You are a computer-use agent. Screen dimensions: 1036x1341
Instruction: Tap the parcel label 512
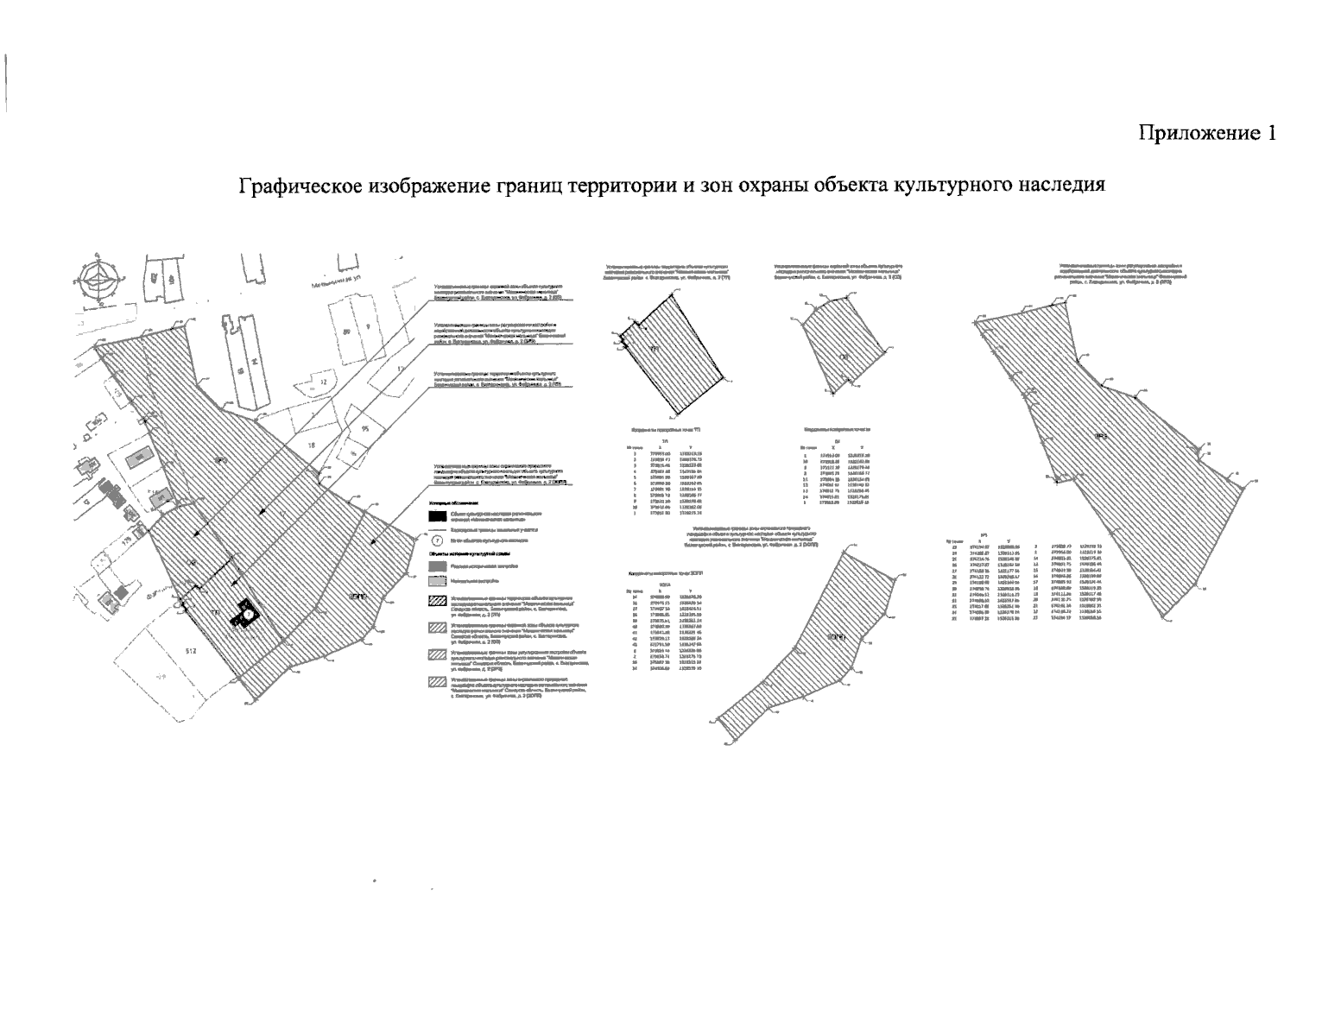click(x=192, y=652)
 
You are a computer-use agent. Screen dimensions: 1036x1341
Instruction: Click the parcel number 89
click(x=347, y=332)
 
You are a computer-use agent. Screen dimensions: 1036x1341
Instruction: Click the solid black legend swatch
click(x=437, y=517)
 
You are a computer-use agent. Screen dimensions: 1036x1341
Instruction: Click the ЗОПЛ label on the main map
click(x=354, y=596)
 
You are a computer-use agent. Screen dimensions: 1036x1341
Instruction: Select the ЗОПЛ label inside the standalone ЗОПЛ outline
click(x=834, y=637)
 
